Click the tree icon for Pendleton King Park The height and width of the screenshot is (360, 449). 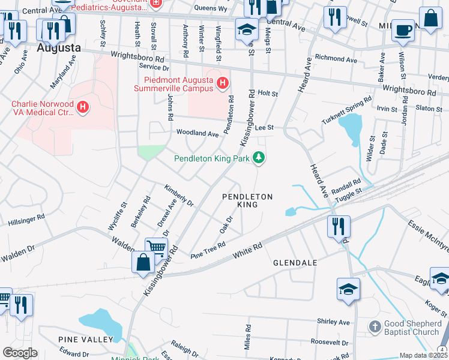tap(259, 158)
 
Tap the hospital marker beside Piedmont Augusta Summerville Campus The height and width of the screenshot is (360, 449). tap(223, 82)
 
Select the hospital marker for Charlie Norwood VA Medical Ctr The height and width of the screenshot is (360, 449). tap(83, 107)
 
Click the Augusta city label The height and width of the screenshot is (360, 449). tap(59, 47)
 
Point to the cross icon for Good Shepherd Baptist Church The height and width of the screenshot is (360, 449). tap(375, 327)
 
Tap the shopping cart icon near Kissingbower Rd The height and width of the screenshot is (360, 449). tap(156, 247)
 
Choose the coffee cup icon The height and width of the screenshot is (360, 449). tap(402, 29)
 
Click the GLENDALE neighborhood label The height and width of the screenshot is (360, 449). tap(295, 263)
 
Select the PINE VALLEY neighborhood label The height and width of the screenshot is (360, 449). tap(85, 340)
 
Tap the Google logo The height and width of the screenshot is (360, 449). tap(20, 353)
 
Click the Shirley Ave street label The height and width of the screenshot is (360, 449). tap(334, 322)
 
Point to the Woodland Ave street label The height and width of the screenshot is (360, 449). tap(197, 134)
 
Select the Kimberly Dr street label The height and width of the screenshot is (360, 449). tap(179, 194)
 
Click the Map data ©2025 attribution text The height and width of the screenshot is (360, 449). tap(423, 355)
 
